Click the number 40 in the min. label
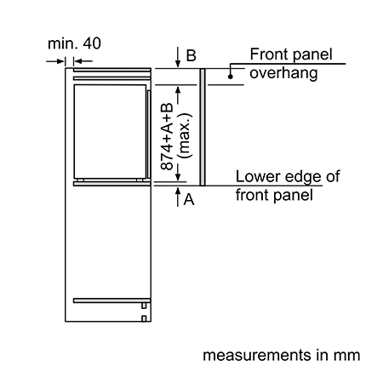click(x=92, y=43)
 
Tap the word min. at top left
click(x=63, y=43)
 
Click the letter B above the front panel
click(x=191, y=55)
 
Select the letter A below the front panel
click(x=189, y=199)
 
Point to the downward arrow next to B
click(x=178, y=57)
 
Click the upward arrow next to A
click(x=178, y=197)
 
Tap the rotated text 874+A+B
click(x=167, y=136)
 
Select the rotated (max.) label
click(x=185, y=135)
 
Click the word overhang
click(x=283, y=73)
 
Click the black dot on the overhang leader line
click(x=231, y=77)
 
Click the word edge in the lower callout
click(x=304, y=177)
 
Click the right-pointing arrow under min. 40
click(x=55, y=61)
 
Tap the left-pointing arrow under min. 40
click(x=83, y=61)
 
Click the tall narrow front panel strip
click(x=203, y=127)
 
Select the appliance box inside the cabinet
click(x=110, y=131)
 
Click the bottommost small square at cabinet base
click(x=144, y=318)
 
